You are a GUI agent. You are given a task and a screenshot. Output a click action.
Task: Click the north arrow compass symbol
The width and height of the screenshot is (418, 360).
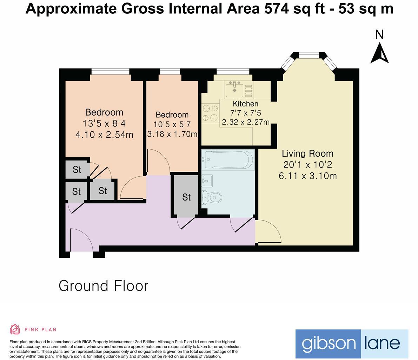pos(379,53)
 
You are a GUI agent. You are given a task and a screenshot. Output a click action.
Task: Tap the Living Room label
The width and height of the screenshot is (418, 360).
pos(307,153)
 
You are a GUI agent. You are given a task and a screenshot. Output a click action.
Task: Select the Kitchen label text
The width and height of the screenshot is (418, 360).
pos(246,104)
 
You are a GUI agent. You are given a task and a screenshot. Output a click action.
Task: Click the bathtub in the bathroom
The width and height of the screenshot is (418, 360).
pos(228,160)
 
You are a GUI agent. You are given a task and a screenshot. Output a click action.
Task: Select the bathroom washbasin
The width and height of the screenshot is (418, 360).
pos(207,181)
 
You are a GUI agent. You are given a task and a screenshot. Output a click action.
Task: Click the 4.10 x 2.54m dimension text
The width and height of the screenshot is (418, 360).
pos(104,135)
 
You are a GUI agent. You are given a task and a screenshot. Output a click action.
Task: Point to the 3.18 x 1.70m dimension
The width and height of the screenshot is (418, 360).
pos(172,134)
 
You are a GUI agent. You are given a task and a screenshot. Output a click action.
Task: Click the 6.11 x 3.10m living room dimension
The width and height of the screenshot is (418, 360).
pos(307,176)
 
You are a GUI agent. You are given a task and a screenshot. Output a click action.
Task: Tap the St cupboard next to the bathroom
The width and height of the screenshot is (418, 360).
pos(186,197)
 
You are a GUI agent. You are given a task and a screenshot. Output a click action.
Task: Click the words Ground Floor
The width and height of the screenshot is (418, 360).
pos(104,286)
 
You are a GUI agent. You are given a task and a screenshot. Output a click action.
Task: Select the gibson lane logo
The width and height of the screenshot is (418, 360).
pos(352,344)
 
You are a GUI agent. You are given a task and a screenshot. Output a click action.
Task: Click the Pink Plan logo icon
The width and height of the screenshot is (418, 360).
pos(15,329)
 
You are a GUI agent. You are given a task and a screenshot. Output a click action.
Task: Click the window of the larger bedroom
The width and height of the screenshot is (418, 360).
pos(111,72)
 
